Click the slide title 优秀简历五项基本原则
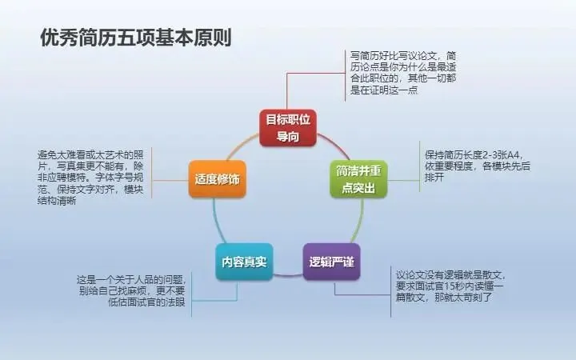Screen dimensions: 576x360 (135, 38)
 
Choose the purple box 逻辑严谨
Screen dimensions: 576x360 (330, 262)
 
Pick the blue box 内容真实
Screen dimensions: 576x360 (244, 262)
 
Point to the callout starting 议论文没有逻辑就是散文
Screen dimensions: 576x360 (443, 286)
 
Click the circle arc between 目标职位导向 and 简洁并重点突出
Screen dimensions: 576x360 (334, 145)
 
